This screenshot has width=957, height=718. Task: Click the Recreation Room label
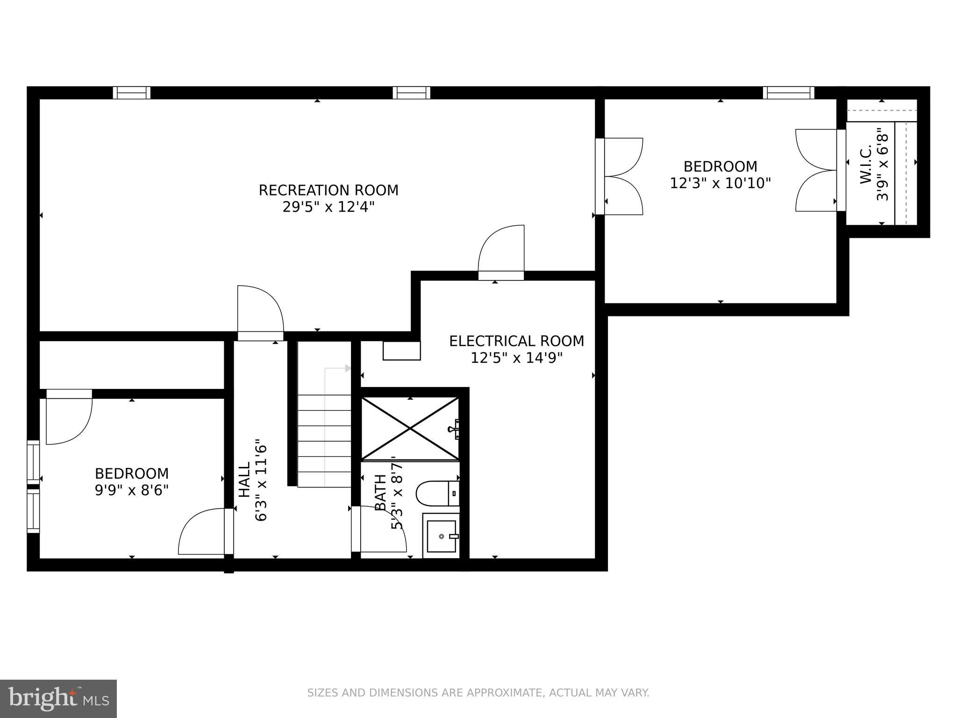tap(329, 190)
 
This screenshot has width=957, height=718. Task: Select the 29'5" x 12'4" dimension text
tap(329, 207)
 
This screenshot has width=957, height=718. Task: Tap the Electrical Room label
tap(516, 341)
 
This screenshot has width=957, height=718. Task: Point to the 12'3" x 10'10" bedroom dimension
tap(720, 183)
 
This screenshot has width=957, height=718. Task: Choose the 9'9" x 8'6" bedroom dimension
tap(131, 490)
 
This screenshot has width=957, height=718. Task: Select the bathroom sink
tap(441, 536)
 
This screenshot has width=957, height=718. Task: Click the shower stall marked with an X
tap(410, 428)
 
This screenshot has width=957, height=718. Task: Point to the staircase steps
tap(324, 441)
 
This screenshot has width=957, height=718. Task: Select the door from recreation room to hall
tap(260, 311)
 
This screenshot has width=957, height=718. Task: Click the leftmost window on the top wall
tap(132, 93)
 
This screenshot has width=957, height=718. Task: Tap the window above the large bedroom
tap(789, 93)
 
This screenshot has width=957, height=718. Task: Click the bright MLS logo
tap(58, 699)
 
